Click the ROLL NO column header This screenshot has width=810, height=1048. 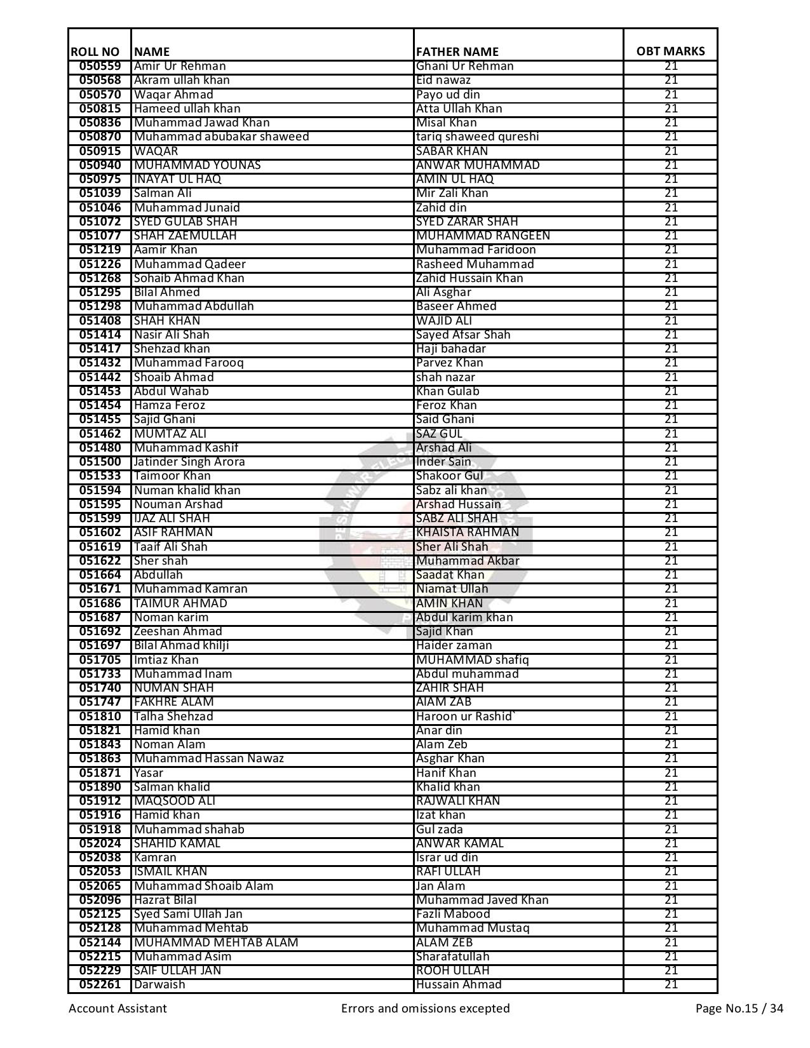pos(95,51)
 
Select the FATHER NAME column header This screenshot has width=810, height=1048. pos(457,51)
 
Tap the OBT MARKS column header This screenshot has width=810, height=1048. pos(670,51)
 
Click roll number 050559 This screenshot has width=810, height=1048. pos(100,66)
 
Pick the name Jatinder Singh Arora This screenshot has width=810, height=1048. pos(189,462)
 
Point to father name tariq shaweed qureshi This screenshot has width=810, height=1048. pos(477,137)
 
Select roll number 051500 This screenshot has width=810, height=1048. pos(100,462)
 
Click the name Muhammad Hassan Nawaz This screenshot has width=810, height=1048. pos(208,758)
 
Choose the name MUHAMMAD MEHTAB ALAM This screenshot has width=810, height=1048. pos(216,943)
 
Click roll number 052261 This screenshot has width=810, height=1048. pos(100,984)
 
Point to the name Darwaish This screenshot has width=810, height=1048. pos(159,984)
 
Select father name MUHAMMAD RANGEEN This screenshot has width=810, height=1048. pos(483,236)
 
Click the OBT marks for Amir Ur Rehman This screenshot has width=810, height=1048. pos(671,66)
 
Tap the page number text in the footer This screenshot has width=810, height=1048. pos(739,1009)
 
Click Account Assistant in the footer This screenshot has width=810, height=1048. pos(118,1009)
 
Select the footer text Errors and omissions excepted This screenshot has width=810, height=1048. pos(425,1009)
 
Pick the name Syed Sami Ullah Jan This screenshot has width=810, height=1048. pos(188,914)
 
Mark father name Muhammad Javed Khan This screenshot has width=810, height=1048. pos(482,900)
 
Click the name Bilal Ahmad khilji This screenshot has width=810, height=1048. pos(181,645)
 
